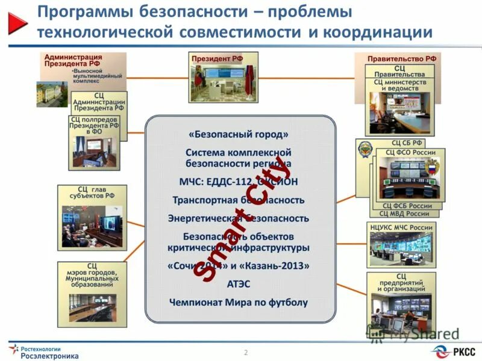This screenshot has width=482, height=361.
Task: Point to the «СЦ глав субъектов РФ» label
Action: (92, 192)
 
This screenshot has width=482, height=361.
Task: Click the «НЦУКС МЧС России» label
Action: (401, 227)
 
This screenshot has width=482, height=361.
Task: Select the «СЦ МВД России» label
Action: (404, 214)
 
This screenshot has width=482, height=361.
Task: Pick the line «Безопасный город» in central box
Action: (239, 134)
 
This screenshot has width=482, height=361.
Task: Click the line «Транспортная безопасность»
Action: (239, 200)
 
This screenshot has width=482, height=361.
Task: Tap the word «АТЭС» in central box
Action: (239, 284)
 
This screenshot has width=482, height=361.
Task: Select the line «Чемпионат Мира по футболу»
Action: (239, 303)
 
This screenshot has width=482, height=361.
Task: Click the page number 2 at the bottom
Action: (246, 351)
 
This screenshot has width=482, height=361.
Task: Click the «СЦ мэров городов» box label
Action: (92, 274)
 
